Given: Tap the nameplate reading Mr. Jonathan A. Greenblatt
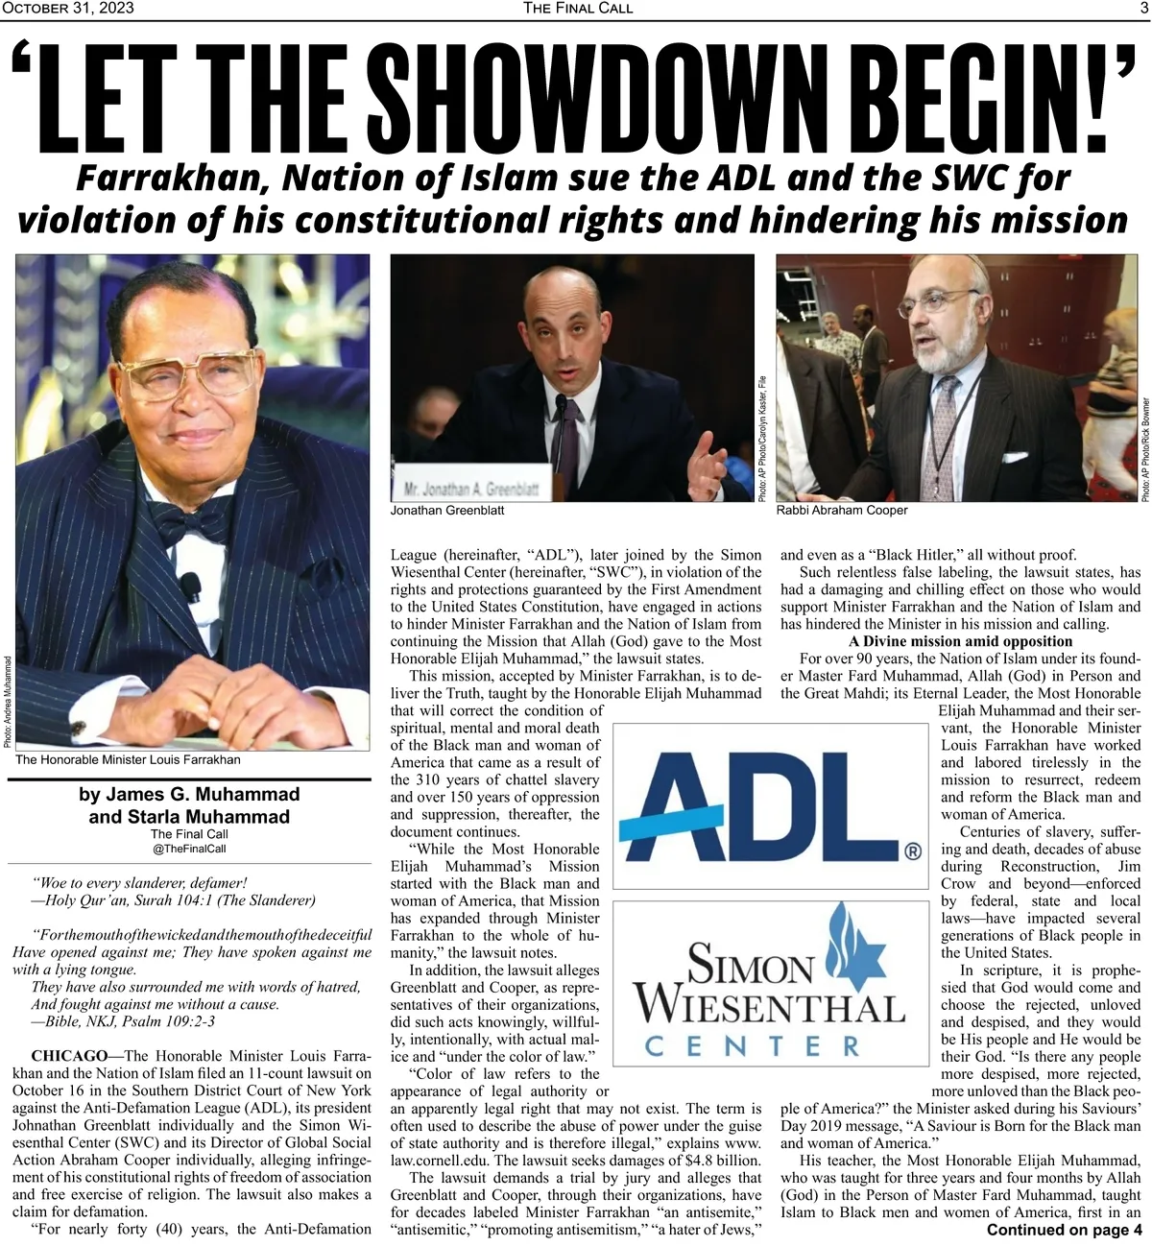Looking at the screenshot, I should [471, 488].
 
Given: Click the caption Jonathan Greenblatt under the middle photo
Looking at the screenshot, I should [446, 511].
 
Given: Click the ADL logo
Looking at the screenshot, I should [768, 805].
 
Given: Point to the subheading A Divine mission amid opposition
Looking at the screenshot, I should [960, 641].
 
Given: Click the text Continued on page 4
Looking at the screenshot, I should [1064, 1230].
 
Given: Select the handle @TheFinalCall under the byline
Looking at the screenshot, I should [189, 849].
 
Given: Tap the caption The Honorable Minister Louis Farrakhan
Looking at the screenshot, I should [128, 759].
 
